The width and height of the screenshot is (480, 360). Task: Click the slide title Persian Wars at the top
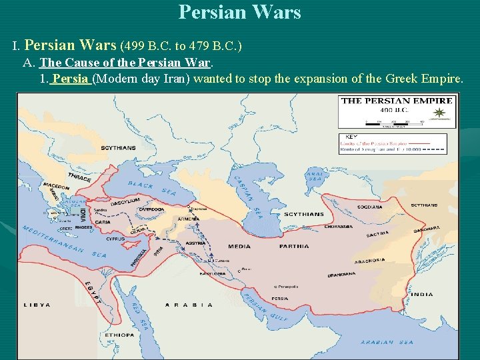(239, 12)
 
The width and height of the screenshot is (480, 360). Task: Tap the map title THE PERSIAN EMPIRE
(397, 101)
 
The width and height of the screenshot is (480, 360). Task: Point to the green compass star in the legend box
(439, 113)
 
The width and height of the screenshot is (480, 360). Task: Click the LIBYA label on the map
(37, 305)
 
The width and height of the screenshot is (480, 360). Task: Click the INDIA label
(421, 294)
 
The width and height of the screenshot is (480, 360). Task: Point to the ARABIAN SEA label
(387, 342)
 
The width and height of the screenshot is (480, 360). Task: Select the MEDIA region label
(239, 246)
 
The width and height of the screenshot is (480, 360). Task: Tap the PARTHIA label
(295, 246)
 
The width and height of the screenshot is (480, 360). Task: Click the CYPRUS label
(115, 238)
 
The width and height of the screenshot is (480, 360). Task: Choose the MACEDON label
(57, 186)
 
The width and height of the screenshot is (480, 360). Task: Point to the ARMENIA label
(189, 219)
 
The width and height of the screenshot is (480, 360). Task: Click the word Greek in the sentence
(401, 79)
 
